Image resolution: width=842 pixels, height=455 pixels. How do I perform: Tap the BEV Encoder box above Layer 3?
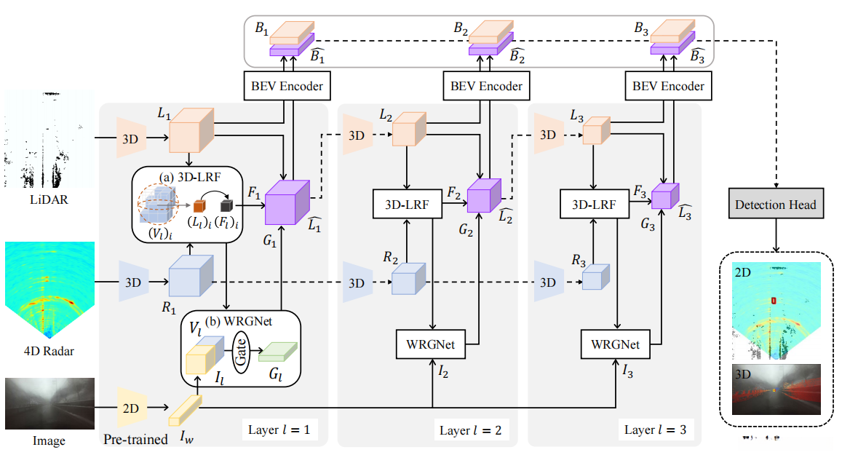point(668,86)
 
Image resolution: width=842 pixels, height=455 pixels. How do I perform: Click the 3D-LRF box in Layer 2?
point(407,206)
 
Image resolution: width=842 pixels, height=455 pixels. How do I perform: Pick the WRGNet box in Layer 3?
point(616,344)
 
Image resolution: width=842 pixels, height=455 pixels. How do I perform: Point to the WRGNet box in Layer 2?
point(432,344)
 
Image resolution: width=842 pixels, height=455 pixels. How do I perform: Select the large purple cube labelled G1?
point(286,202)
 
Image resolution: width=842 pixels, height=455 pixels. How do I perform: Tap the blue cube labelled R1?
point(190,277)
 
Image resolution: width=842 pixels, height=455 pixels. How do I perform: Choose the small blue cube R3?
point(595,278)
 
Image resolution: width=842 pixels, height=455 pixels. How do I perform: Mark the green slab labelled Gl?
point(279,352)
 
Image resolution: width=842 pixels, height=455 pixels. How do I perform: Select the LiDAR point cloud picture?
point(48,139)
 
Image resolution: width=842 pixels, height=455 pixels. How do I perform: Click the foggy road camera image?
point(49,403)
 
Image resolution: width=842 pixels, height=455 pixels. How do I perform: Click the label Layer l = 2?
point(470,430)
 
